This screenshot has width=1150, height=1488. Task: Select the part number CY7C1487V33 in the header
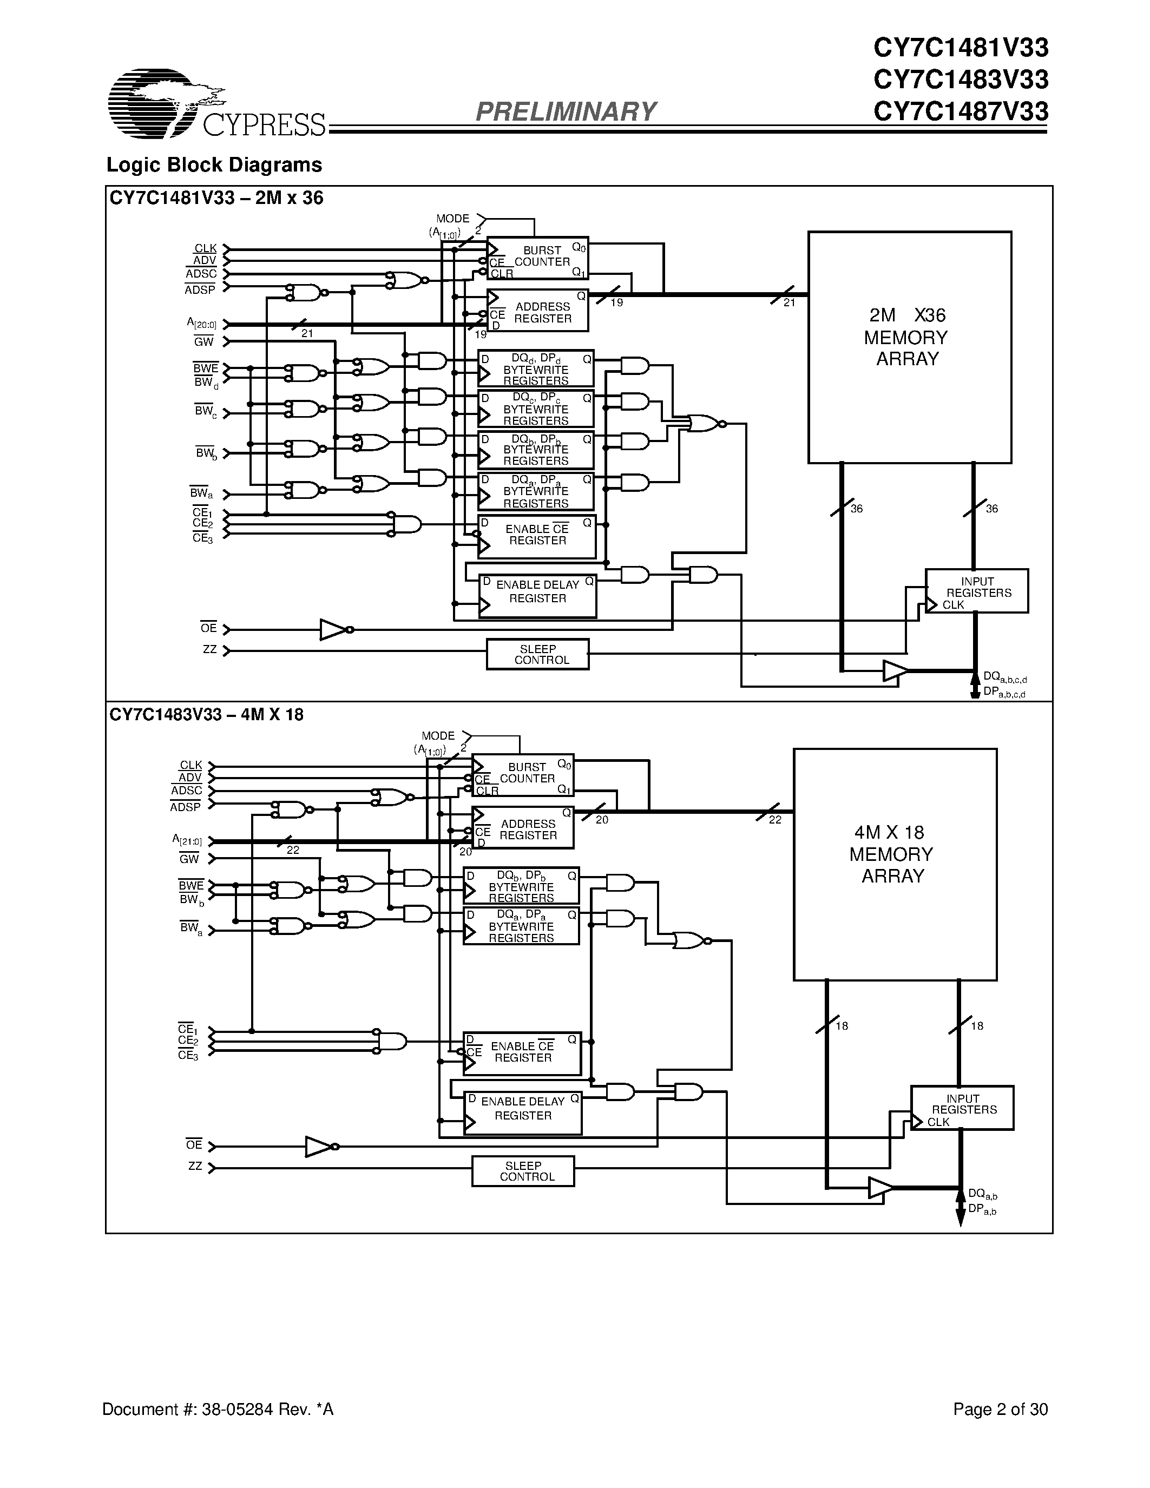point(960,111)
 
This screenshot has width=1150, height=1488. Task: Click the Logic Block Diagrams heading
point(214,166)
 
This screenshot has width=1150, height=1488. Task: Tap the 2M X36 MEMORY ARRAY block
point(909,347)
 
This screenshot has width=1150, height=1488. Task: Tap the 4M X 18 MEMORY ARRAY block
point(895,864)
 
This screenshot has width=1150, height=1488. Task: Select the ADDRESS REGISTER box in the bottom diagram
point(523,828)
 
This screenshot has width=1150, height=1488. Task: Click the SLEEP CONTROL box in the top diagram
point(537,654)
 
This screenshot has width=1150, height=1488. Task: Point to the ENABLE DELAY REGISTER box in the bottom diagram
point(523,1113)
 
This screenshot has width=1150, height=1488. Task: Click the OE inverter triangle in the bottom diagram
point(319,1147)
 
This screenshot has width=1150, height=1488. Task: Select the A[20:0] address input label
point(202,323)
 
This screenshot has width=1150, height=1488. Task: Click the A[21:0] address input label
point(187,841)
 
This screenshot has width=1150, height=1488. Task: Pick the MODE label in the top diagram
point(452,219)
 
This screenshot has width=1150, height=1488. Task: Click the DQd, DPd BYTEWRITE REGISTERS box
point(535,369)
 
